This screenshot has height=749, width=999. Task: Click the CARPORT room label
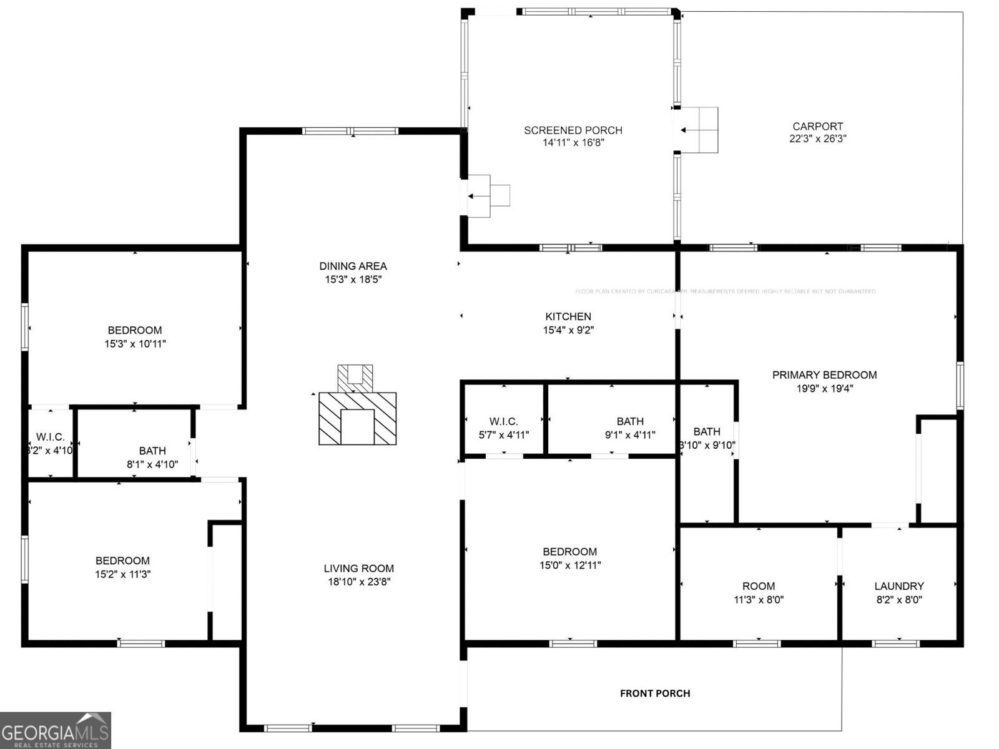click(817, 126)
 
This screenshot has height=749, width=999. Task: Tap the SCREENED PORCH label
click(573, 130)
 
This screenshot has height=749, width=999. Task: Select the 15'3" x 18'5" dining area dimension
click(353, 280)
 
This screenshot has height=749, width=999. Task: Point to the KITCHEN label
click(568, 316)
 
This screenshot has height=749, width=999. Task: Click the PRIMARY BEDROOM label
click(824, 374)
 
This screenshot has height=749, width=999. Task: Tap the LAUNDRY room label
click(898, 586)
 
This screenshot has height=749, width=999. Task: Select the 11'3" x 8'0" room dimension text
click(758, 600)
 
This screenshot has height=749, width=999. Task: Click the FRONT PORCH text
click(654, 693)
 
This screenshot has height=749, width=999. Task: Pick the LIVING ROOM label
click(358, 568)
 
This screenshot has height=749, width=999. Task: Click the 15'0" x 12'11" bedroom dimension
click(570, 565)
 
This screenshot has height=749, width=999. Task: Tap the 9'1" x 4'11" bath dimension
click(630, 435)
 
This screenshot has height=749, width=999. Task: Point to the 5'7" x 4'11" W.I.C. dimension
click(503, 435)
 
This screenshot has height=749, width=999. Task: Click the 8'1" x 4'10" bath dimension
click(152, 464)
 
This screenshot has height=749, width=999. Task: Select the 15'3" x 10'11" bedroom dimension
click(135, 344)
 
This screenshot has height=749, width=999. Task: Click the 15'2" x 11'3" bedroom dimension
click(122, 574)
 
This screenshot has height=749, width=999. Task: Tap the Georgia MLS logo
click(55, 730)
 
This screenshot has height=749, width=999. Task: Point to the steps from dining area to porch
click(489, 195)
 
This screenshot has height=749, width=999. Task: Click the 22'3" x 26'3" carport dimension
click(817, 139)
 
